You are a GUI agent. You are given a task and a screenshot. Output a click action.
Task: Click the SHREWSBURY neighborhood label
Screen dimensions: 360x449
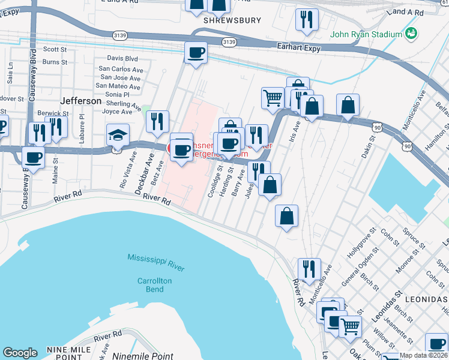[x=232, y=20]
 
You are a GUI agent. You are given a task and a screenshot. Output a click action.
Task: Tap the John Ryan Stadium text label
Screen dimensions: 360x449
[x=366, y=34]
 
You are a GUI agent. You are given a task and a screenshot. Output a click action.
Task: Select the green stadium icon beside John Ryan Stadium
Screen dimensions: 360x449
[x=411, y=32]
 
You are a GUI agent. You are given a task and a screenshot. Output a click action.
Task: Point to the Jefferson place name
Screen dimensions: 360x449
[x=81, y=101]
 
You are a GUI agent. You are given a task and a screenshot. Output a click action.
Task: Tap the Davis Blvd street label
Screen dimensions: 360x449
[x=122, y=59]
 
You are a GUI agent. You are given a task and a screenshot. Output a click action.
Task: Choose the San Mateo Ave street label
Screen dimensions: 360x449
[x=119, y=86]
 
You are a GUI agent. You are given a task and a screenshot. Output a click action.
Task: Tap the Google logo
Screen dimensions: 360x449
[x=20, y=353]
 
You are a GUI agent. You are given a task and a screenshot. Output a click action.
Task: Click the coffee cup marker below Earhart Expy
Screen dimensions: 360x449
[x=196, y=53]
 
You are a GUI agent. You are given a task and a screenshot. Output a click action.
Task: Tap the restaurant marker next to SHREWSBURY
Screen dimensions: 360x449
[x=307, y=20]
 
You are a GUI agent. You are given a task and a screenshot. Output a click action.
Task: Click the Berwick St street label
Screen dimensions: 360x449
[x=53, y=113]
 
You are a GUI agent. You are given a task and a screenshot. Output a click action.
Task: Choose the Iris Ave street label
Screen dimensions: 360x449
[x=295, y=128]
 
